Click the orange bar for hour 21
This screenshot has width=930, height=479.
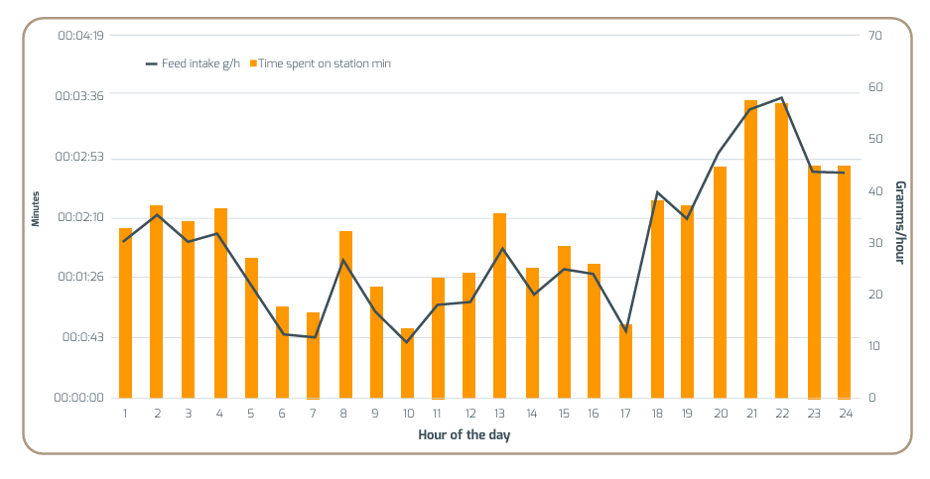(750, 248)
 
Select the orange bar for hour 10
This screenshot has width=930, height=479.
(407, 362)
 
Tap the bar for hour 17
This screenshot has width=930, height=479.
(625, 360)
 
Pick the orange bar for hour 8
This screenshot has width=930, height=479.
(345, 313)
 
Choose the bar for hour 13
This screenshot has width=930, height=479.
(500, 304)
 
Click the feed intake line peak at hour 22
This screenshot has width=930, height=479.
(782, 98)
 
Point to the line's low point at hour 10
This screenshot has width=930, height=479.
(407, 342)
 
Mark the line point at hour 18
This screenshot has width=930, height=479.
(657, 192)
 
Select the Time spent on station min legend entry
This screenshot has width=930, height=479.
(324, 63)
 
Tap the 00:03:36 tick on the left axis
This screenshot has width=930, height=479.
(80, 96)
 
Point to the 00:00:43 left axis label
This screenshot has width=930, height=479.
(80, 337)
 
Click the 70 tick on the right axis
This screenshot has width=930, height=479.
(873, 36)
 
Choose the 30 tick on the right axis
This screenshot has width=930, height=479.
(873, 243)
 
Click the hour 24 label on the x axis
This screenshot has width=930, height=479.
(844, 413)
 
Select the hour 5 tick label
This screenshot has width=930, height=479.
(251, 413)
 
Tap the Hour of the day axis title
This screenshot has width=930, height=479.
(464, 434)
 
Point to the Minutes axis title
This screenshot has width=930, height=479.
(36, 208)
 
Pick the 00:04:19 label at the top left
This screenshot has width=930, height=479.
(80, 36)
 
